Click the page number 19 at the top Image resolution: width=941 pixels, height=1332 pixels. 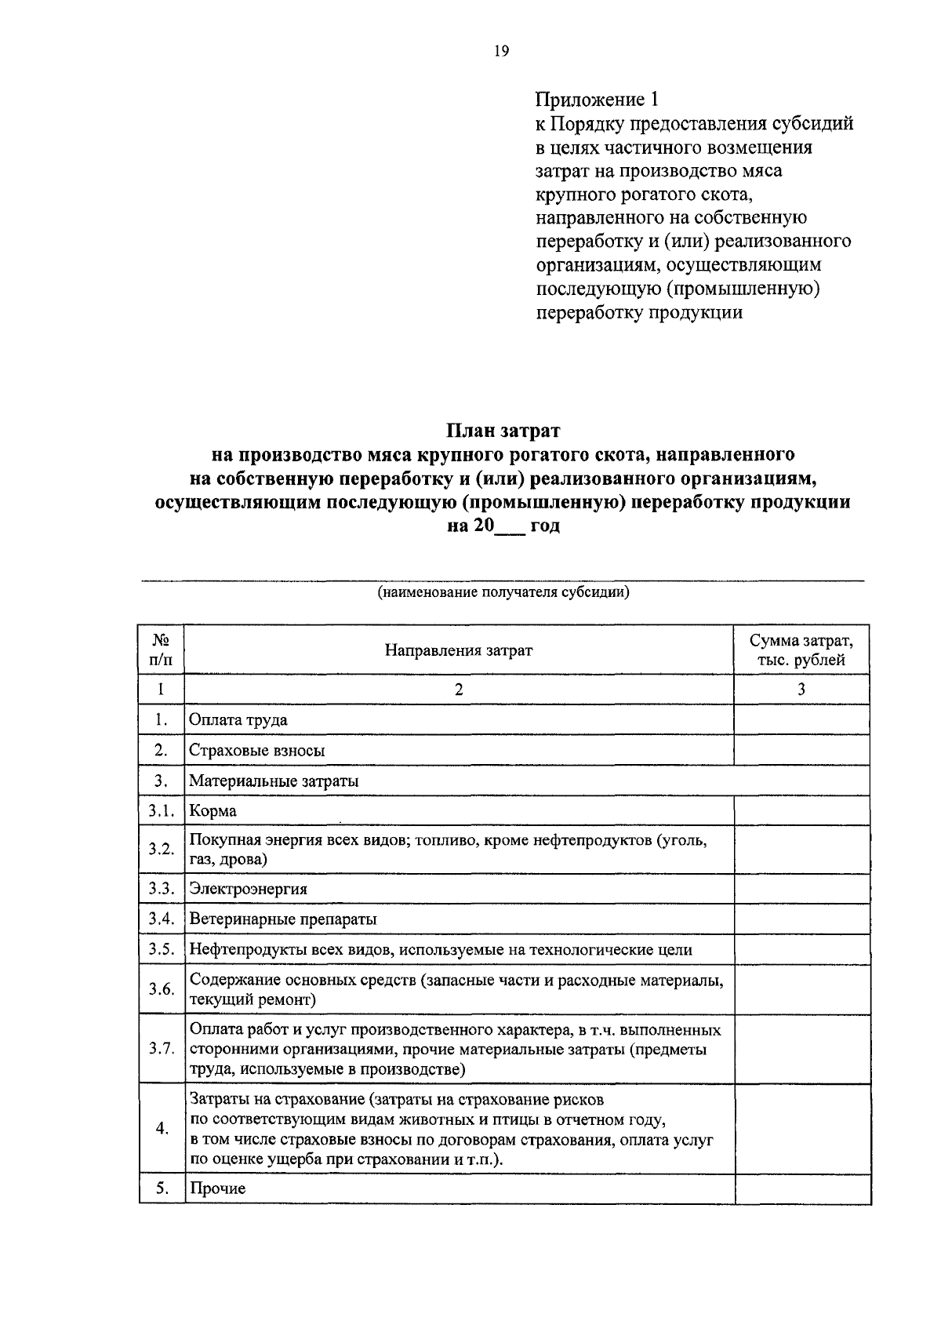pos(502,51)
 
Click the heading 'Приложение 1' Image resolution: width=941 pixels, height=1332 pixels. pos(598,100)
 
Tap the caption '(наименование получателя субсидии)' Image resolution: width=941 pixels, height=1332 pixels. pos(503,592)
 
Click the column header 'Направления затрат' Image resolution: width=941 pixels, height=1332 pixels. pos(459,650)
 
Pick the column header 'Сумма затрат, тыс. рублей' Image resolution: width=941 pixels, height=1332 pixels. pos(801,650)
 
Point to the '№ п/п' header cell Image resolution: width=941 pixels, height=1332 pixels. pos(162,650)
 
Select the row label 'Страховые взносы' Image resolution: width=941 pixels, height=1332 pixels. pos(257,750)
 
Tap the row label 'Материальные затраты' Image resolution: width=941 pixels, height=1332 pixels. pos(274,781)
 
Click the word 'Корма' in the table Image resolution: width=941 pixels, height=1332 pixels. pos(213,810)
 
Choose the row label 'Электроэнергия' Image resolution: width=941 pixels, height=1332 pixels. pos(249,889)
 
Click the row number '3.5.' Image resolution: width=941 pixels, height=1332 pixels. pos(161,949)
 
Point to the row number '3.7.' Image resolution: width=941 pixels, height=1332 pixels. pos(161,1049)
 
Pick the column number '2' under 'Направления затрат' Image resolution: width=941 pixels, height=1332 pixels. pos(459,689)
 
